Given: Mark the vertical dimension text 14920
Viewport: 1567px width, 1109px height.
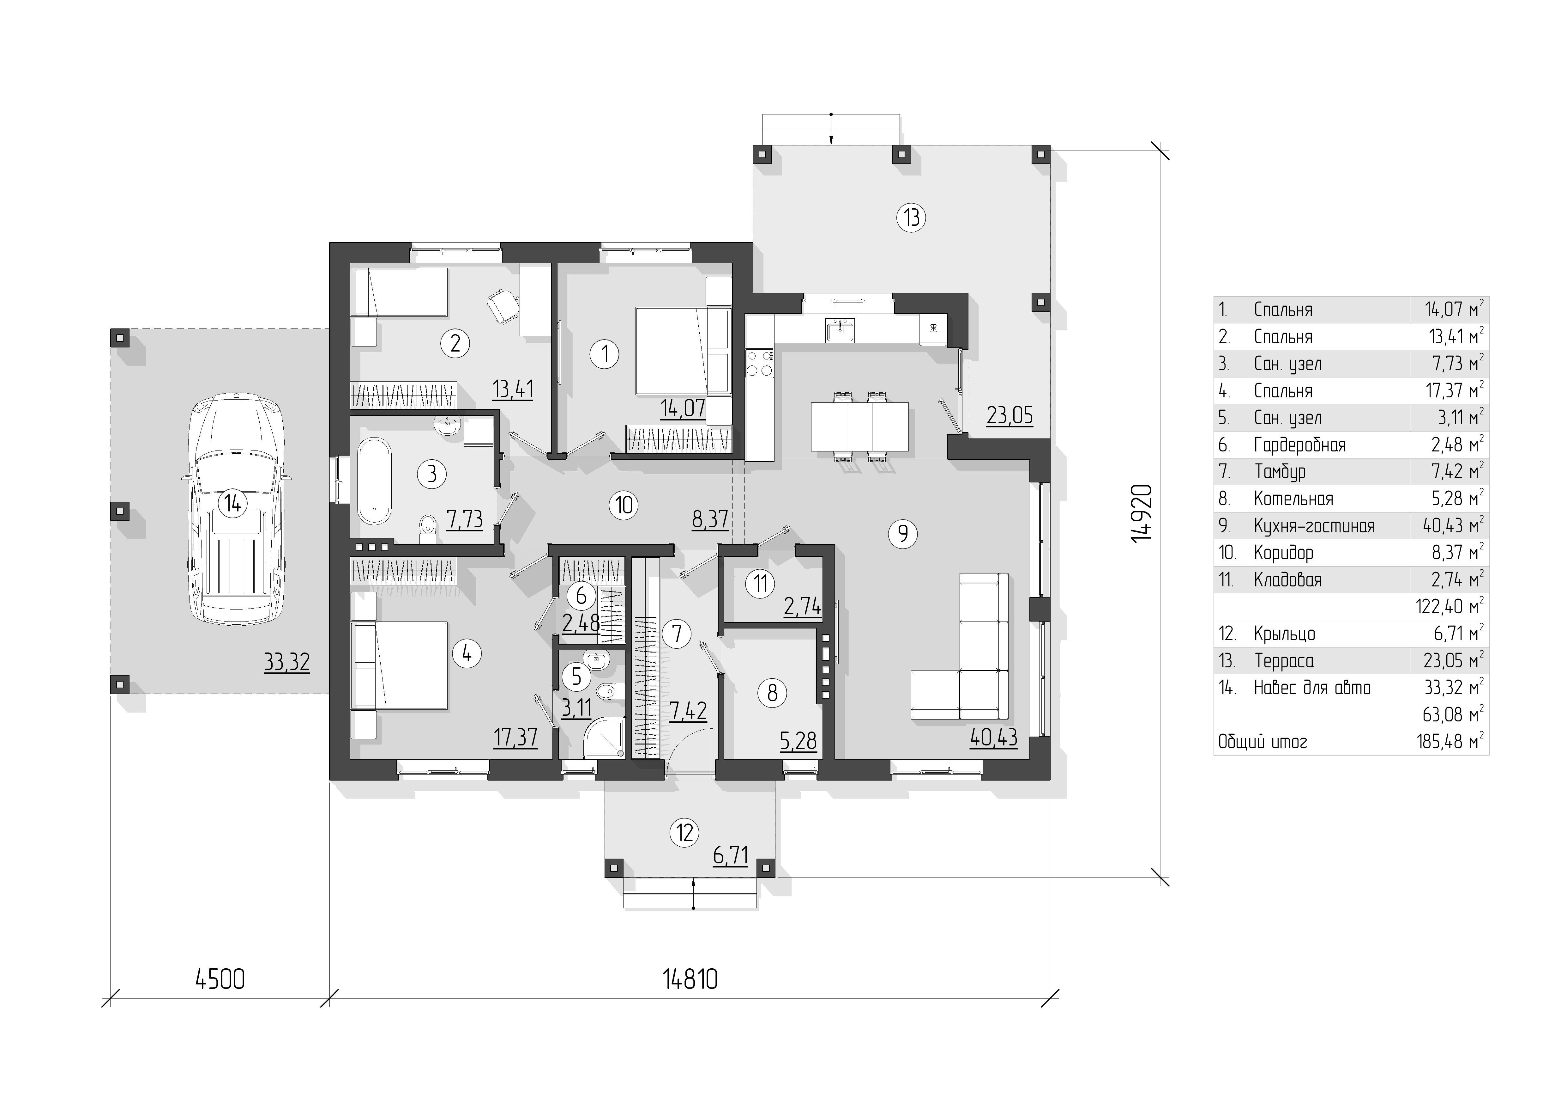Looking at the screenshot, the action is (x=1141, y=513).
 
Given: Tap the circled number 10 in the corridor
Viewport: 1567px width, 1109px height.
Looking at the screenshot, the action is (x=624, y=505).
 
